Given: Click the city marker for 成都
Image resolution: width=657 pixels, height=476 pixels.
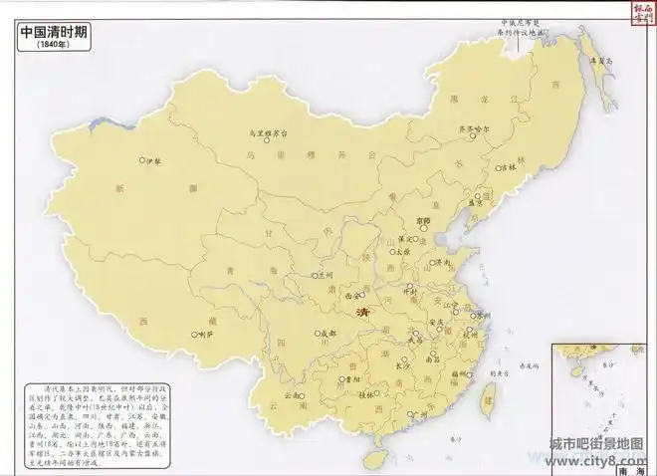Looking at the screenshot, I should click(x=318, y=333).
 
